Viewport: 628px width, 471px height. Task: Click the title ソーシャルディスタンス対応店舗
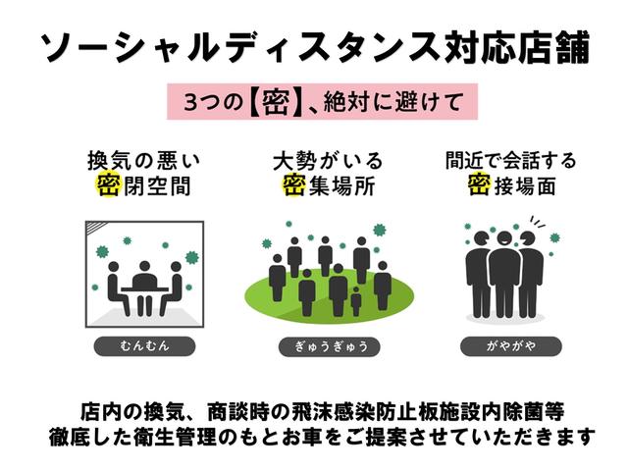(x=314, y=45)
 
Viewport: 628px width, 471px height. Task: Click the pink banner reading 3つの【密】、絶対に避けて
(x=314, y=102)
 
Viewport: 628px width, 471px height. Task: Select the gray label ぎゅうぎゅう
(x=315, y=345)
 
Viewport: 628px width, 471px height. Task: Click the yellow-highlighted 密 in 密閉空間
(x=107, y=184)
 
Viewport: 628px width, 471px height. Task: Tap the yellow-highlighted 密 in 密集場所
(x=292, y=184)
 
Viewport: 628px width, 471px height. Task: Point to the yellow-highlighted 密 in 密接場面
(x=478, y=184)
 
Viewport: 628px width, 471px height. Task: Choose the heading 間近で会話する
(x=510, y=159)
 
